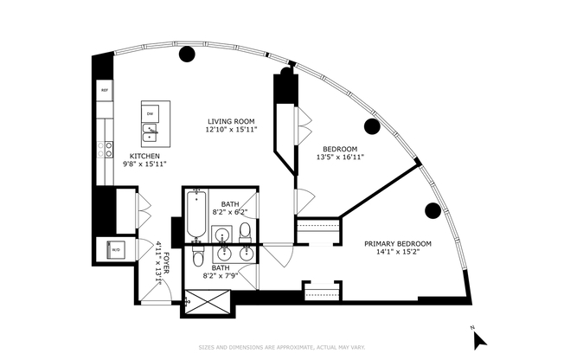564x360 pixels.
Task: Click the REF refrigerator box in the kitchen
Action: (105, 90)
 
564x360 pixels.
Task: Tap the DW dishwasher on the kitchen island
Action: (150, 113)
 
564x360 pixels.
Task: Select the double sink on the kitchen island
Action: (150, 132)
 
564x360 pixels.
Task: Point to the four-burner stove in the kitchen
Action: (106, 150)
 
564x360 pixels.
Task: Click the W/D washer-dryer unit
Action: (116, 250)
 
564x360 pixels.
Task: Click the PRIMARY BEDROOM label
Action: (397, 244)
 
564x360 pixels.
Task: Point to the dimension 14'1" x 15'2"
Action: (397, 254)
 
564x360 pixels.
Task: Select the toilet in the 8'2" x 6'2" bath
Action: (245, 231)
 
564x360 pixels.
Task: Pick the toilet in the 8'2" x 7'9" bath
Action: (198, 259)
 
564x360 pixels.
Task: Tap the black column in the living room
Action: (186, 55)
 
